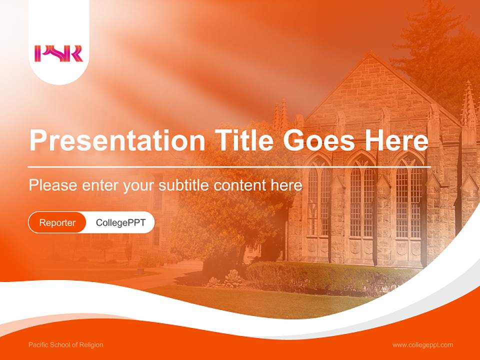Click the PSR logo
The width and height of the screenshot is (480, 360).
58,53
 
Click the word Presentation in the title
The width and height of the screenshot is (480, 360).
117,140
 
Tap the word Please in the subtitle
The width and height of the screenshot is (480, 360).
53,185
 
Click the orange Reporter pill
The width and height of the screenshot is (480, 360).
57,222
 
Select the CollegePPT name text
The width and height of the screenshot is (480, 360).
120,222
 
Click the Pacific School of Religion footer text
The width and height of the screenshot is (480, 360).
66,344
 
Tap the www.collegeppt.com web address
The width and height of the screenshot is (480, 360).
422,345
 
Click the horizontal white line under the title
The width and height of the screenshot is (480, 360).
229,167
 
